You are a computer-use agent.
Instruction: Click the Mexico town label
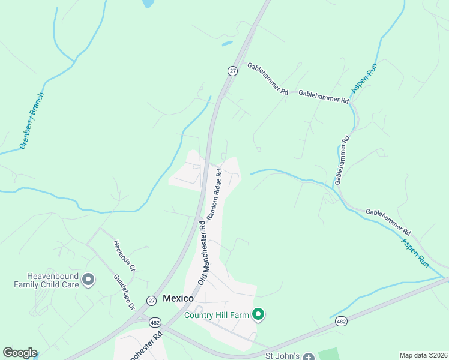point(178,298)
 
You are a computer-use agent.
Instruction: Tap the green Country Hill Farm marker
point(259,314)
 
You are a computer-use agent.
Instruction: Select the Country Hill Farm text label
point(217,314)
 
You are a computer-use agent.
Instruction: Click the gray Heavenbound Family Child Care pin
point(88,279)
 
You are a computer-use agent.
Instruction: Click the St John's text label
point(282,356)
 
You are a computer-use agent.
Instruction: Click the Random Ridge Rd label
point(214,193)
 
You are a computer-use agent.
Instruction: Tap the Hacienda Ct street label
point(125,257)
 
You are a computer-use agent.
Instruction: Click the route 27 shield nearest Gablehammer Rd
point(233,71)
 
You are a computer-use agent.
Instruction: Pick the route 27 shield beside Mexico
point(151,300)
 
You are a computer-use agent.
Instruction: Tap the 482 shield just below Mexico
point(155,322)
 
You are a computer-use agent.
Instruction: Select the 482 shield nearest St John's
point(342,322)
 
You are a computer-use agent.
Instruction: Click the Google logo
point(20,353)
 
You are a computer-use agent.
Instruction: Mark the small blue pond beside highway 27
point(227,43)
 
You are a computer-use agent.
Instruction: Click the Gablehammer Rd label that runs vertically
point(342,160)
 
